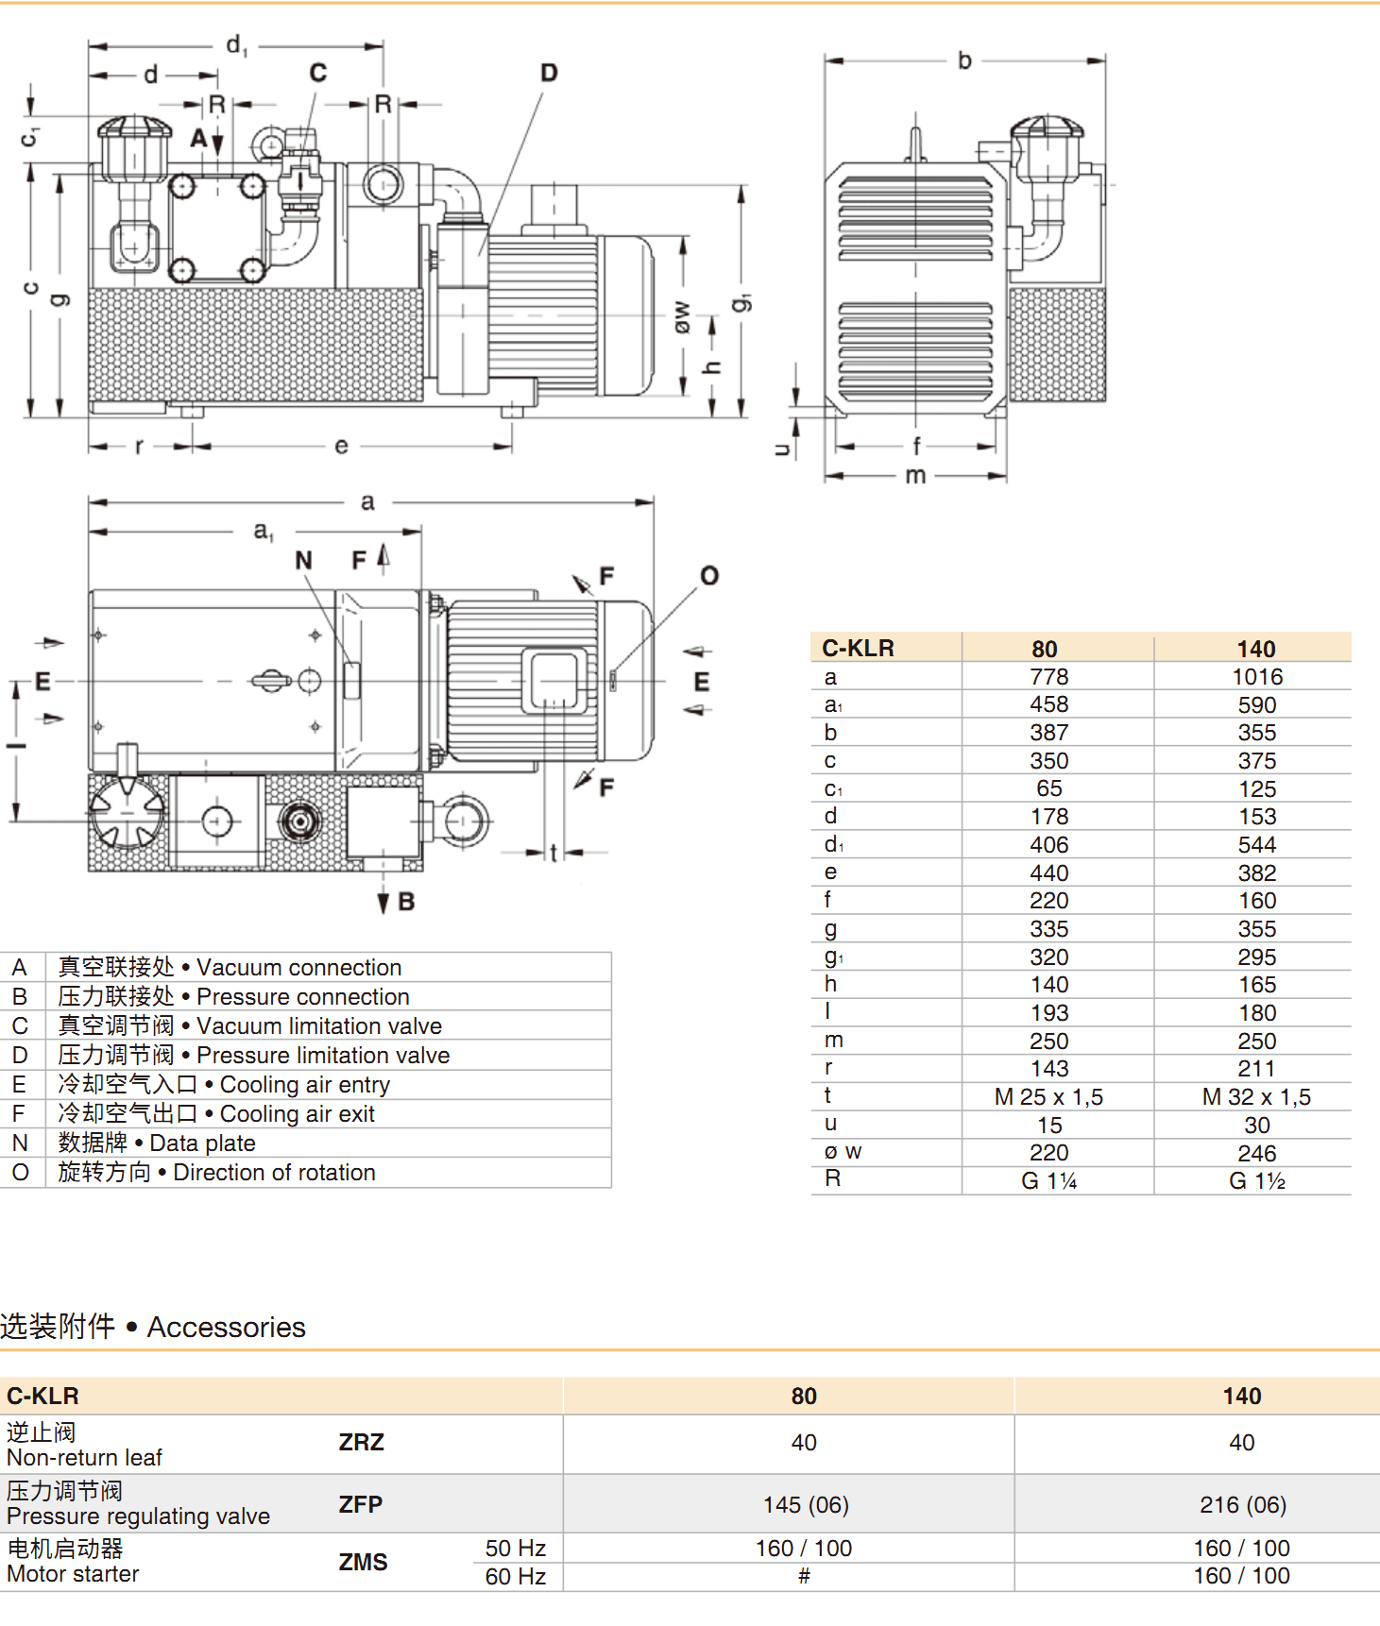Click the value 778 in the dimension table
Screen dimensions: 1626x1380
click(x=1048, y=677)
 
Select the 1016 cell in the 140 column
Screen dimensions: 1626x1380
click(x=1256, y=677)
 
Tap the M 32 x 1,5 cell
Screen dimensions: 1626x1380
click(x=1255, y=1097)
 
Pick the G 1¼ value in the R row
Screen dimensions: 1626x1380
click(x=1048, y=1181)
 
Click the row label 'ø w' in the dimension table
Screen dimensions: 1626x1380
click(x=843, y=1152)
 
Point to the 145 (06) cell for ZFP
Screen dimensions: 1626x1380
click(x=806, y=1504)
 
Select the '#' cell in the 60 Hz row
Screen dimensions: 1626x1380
click(x=804, y=1576)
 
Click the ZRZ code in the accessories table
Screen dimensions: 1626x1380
click(x=361, y=1443)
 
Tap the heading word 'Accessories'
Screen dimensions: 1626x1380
click(x=226, y=1328)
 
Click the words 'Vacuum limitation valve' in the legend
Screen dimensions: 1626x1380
click(x=319, y=1026)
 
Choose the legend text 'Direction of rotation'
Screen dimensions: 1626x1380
click(x=274, y=1173)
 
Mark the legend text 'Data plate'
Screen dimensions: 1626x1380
click(x=202, y=1143)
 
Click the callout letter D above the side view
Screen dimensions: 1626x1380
click(x=549, y=73)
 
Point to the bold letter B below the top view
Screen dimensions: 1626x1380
click(x=406, y=902)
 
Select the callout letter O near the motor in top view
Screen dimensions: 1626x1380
click(x=709, y=576)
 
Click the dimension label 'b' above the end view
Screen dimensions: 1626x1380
click(x=964, y=60)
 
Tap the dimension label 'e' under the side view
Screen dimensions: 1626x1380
click(x=341, y=446)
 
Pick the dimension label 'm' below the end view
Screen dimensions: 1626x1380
click(x=915, y=475)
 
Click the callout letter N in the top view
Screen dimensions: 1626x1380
click(x=303, y=561)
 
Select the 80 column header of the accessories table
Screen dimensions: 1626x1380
click(x=804, y=1397)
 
